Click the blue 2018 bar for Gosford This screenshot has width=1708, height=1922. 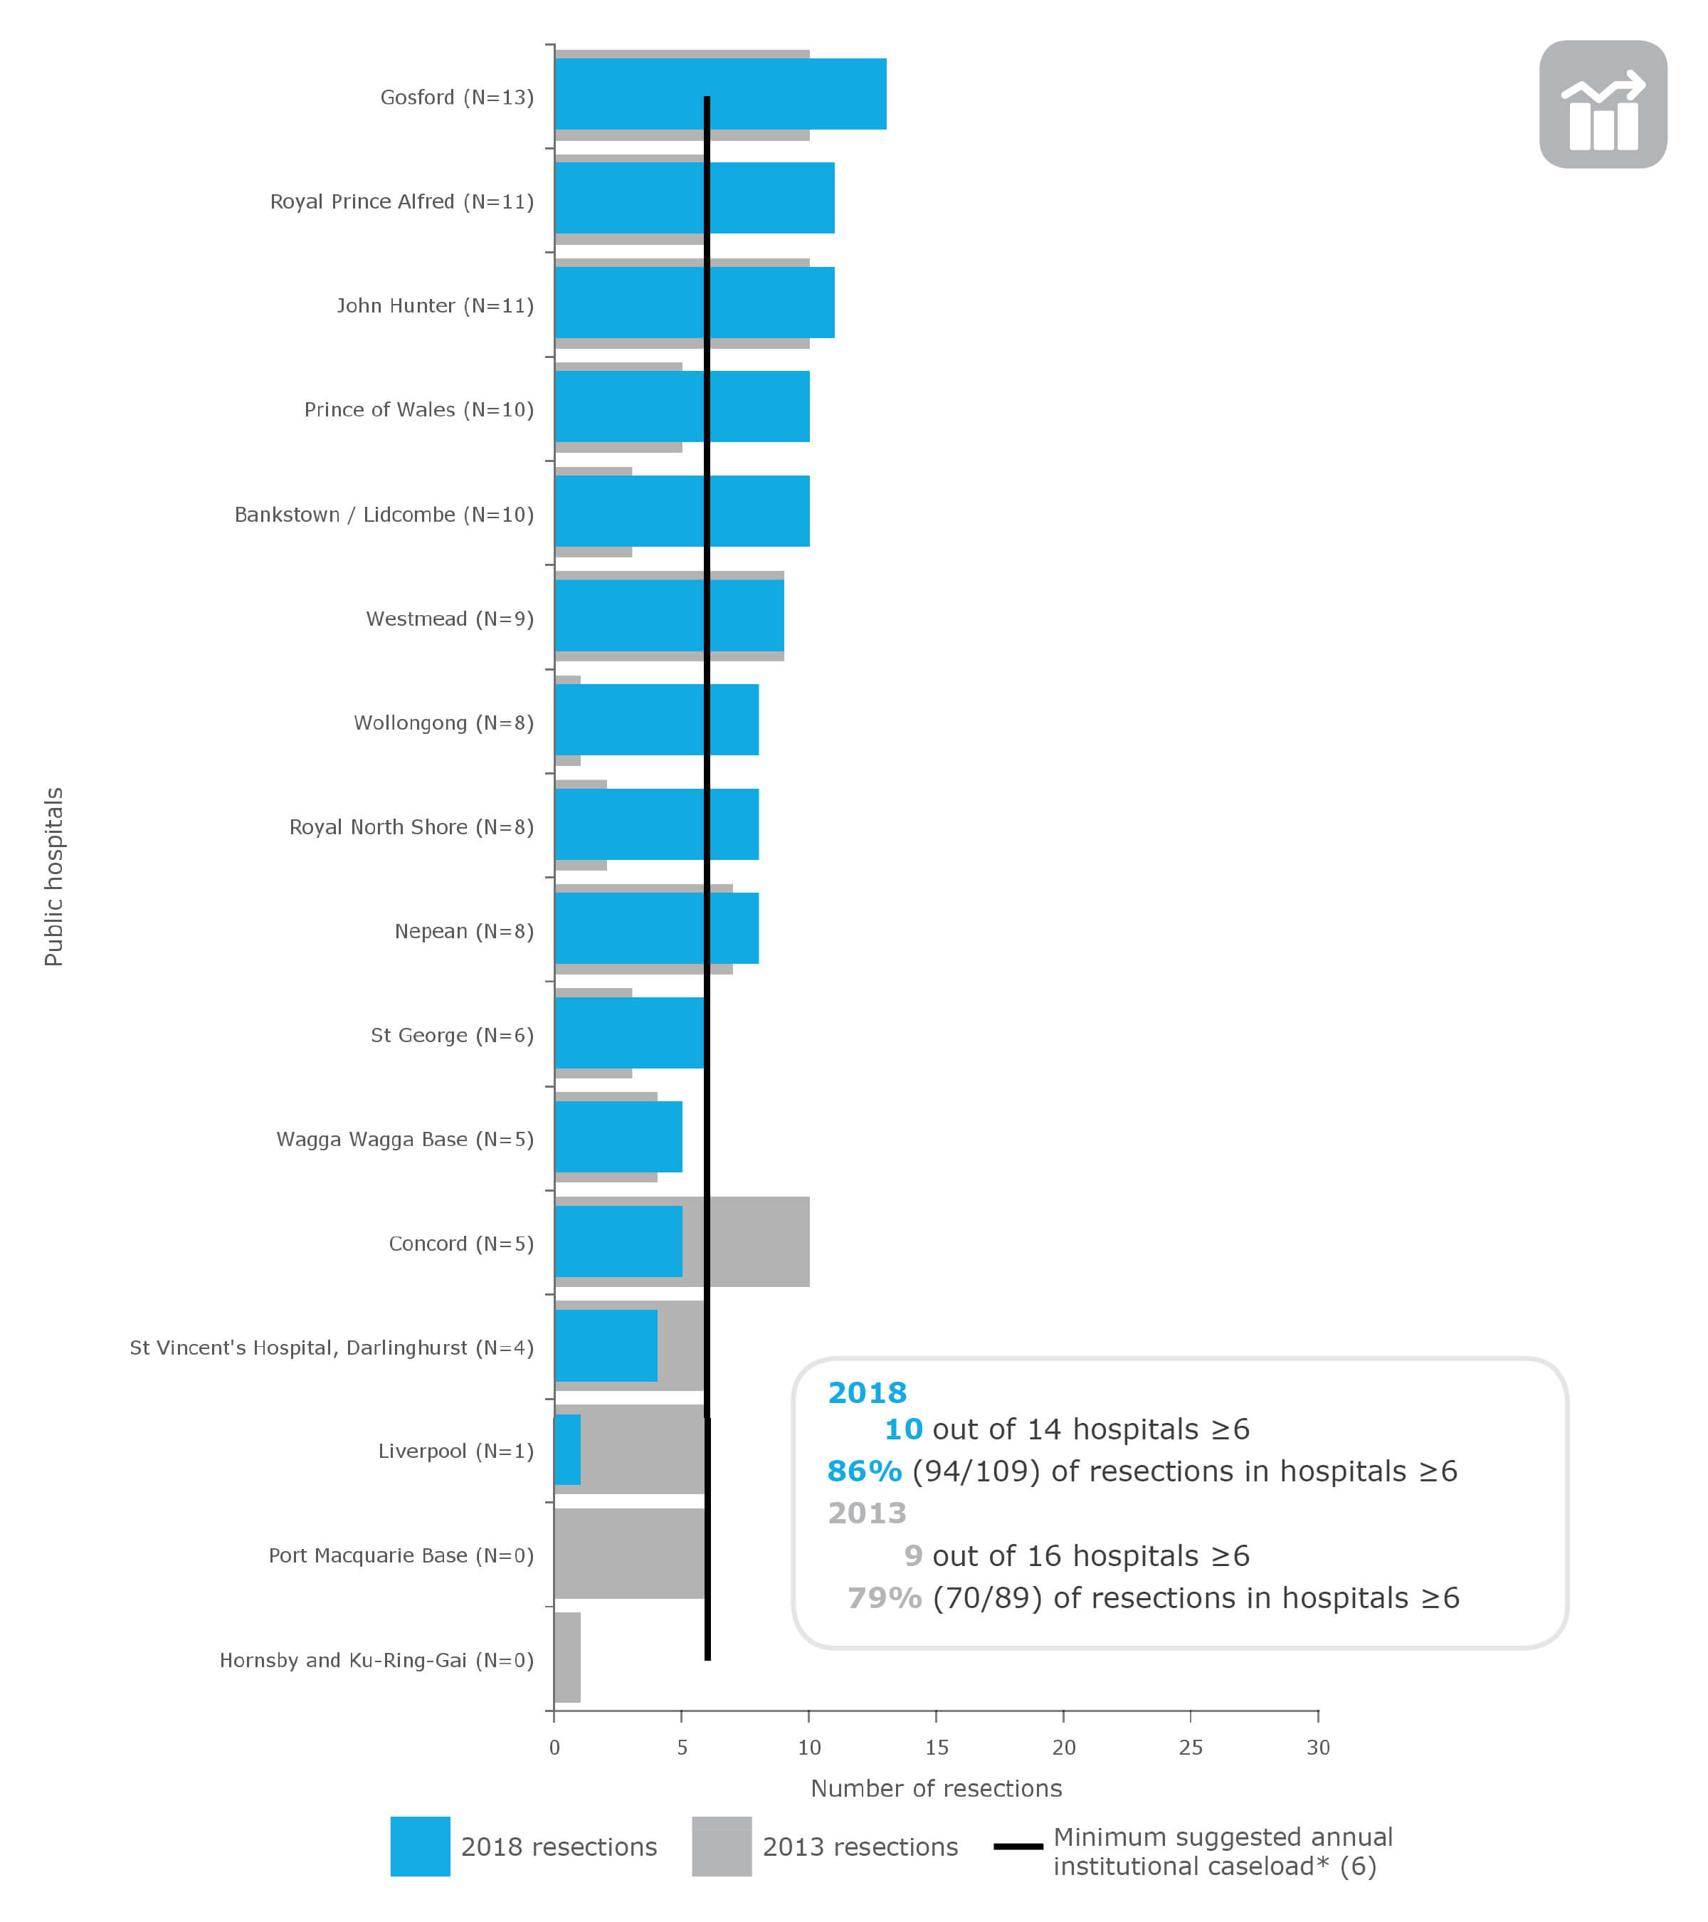(719, 94)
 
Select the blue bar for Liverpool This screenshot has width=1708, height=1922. (566, 1449)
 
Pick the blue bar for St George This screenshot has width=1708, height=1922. (628, 1032)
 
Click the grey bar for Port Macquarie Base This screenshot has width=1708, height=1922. (628, 1553)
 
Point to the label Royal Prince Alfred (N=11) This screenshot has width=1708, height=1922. (401, 201)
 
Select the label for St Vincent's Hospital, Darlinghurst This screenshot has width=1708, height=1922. (331, 1347)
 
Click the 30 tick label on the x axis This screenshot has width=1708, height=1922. (1317, 1746)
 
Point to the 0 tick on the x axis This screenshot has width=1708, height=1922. (554, 1746)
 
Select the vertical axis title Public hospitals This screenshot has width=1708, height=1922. (53, 876)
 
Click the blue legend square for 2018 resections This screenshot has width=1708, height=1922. (419, 1846)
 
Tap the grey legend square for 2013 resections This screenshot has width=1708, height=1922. (721, 1846)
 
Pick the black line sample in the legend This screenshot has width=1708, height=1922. (1017, 1846)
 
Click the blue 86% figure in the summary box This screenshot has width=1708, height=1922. (863, 1471)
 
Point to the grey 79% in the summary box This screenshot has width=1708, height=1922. (884, 1597)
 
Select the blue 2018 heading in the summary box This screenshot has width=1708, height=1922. (866, 1392)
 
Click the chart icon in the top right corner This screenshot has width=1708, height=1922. (1602, 105)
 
